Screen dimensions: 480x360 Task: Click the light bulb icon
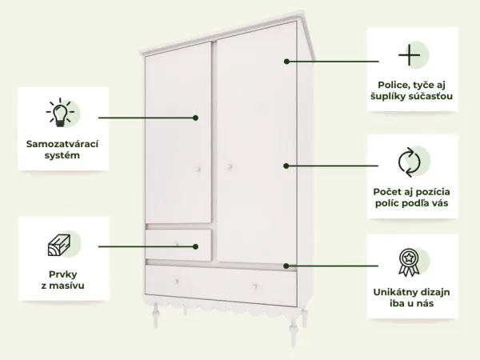pyautogui.click(x=60, y=112)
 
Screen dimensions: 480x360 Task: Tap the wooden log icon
pyautogui.click(x=59, y=245)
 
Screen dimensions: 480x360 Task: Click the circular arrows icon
pyautogui.click(x=410, y=162)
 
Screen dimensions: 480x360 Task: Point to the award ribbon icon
pyautogui.click(x=409, y=262)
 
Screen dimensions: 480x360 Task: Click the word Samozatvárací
pyautogui.click(x=62, y=144)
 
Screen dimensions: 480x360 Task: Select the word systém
pyautogui.click(x=62, y=155)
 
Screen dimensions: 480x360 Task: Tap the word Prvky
pyautogui.click(x=62, y=274)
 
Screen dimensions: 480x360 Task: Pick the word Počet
pyautogui.click(x=388, y=192)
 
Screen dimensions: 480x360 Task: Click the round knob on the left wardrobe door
pyautogui.click(x=198, y=169)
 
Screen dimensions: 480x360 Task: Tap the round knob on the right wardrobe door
pyautogui.click(x=230, y=167)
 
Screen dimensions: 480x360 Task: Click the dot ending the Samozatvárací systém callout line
pyautogui.click(x=196, y=118)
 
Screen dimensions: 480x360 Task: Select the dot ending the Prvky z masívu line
pyautogui.click(x=196, y=246)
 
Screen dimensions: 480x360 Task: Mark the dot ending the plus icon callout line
pyautogui.click(x=286, y=62)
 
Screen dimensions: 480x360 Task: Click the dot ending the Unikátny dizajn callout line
pyautogui.click(x=286, y=266)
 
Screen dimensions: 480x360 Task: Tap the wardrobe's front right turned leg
pyautogui.click(x=294, y=329)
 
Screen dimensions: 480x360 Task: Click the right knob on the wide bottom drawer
pyautogui.click(x=254, y=286)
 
